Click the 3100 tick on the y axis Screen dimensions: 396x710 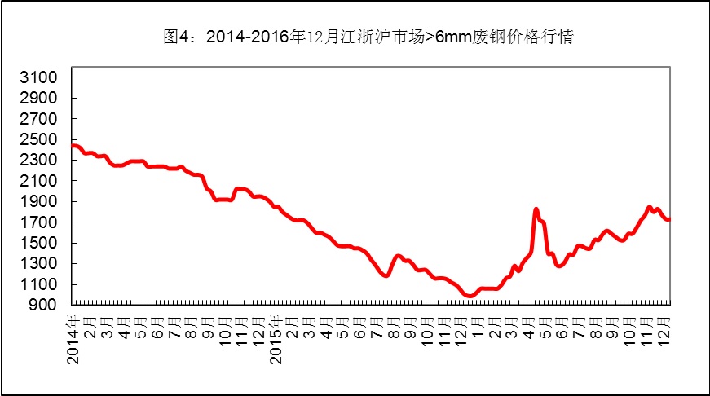click(x=42, y=77)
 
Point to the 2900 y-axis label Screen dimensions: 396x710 click(x=42, y=98)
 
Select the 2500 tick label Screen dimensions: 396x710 click(x=42, y=139)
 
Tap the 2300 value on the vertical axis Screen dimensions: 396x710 click(x=42, y=161)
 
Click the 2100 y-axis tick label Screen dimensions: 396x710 click(x=42, y=181)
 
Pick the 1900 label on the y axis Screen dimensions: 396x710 click(x=42, y=201)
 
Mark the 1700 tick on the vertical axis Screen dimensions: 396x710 click(x=42, y=222)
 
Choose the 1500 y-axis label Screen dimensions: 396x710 click(x=42, y=243)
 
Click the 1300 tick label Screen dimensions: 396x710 click(x=42, y=263)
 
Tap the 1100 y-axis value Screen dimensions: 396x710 click(x=42, y=284)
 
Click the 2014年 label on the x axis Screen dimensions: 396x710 click(x=73, y=336)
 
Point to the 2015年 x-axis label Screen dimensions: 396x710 click(x=276, y=336)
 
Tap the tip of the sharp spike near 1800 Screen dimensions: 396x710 click(x=536, y=209)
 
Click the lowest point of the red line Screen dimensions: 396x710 click(x=470, y=295)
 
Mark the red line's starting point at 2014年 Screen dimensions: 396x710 click(x=73, y=146)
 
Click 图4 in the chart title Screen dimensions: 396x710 click(x=176, y=37)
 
